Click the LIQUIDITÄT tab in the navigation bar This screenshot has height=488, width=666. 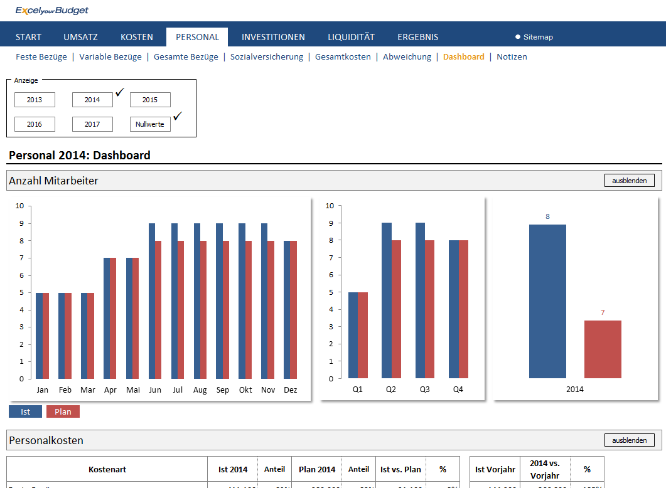point(351,37)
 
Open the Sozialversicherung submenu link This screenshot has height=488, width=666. point(266,56)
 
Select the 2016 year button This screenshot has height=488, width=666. point(35,124)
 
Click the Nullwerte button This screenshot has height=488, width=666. point(150,124)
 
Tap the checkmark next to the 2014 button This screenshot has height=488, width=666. point(120,92)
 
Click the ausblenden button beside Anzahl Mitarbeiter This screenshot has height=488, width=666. point(629,181)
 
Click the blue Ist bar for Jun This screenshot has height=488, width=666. point(152,301)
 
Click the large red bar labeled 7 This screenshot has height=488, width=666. point(603,349)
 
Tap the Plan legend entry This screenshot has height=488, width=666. point(63,412)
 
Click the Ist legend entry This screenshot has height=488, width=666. point(25,412)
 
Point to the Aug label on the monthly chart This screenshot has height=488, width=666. point(200,390)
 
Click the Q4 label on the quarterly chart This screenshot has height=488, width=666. point(458,389)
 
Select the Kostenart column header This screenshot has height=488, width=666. point(107,469)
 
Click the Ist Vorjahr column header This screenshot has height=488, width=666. point(495,469)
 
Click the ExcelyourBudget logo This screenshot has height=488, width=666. point(52,11)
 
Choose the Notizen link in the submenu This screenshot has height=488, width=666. point(512,56)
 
